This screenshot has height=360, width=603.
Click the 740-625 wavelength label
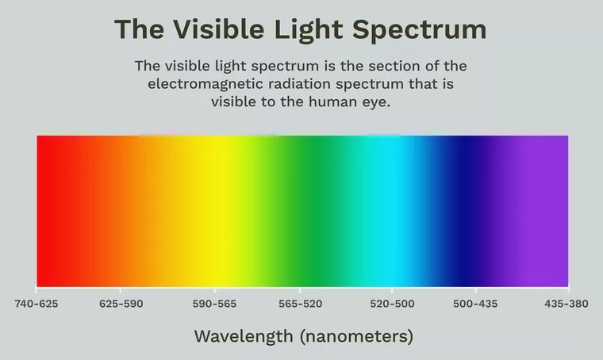[36, 304]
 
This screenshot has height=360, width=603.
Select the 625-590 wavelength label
[121, 304]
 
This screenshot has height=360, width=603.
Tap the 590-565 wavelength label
[214, 304]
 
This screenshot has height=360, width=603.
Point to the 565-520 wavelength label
[301, 304]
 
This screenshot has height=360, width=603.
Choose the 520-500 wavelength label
[392, 304]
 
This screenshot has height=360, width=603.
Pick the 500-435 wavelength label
[475, 304]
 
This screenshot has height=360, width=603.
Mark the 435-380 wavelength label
[566, 304]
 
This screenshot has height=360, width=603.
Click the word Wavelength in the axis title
[244, 337]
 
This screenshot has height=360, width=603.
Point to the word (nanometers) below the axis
[356, 336]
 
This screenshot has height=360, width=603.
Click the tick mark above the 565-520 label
[300, 289]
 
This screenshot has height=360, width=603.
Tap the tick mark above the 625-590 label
[121, 289]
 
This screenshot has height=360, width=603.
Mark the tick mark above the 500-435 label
[476, 289]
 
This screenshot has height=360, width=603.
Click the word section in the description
[394, 66]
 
